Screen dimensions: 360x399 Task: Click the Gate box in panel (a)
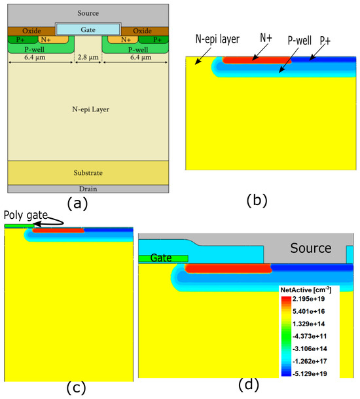(x=88, y=29)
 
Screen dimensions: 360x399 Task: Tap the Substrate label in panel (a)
(x=88, y=173)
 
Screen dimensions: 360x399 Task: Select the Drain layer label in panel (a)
(x=88, y=189)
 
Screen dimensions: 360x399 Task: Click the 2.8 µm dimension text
(x=88, y=57)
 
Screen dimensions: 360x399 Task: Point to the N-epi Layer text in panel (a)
(x=91, y=109)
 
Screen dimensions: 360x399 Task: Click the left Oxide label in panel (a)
(x=31, y=31)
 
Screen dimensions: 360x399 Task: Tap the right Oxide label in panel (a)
(x=142, y=31)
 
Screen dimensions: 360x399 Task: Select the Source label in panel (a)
(x=88, y=13)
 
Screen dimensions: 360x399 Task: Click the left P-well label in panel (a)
(x=34, y=49)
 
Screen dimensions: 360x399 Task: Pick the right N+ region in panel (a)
(x=123, y=40)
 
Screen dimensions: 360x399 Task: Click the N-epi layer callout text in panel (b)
(x=217, y=39)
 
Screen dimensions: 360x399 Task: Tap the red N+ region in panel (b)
(x=257, y=60)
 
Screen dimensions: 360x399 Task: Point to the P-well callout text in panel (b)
(x=300, y=41)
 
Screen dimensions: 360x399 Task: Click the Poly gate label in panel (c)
(x=26, y=216)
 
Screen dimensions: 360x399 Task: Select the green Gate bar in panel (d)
(x=163, y=259)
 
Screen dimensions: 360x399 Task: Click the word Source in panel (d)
(x=311, y=248)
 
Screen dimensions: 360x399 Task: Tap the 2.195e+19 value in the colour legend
(x=308, y=299)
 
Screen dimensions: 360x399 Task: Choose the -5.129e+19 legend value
(x=310, y=374)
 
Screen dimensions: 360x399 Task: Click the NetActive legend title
(x=306, y=290)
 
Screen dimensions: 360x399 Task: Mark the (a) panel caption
(x=77, y=204)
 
